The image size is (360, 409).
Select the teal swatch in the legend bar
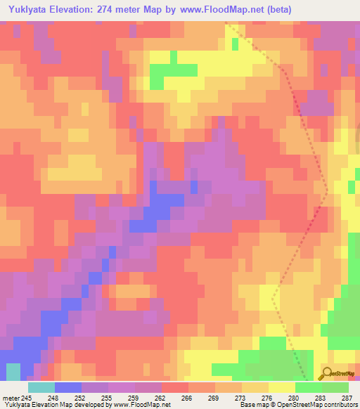pos(41,387)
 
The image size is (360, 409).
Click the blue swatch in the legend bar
pos(68,387)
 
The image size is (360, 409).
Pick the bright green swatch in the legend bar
pos(308,387)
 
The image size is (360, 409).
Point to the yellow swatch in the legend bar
pos(281,387)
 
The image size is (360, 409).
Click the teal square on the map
pos(13,372)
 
